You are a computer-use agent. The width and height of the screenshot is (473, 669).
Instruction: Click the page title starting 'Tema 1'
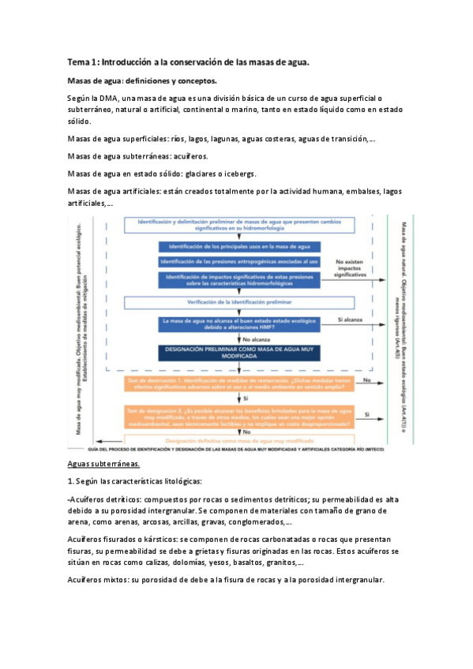pos(188,62)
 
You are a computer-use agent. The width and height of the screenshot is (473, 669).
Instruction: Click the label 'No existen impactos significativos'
pos(354,270)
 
